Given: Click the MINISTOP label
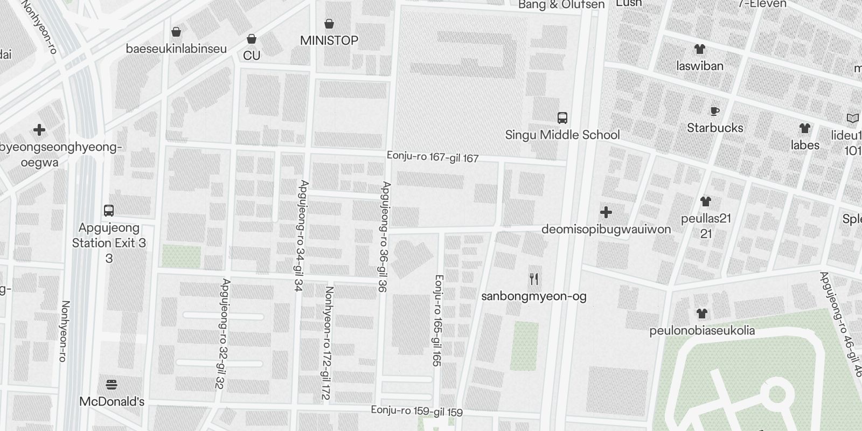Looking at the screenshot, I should [329, 40].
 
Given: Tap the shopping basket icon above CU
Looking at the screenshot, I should [251, 39].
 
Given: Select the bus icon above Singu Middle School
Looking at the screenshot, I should [562, 117].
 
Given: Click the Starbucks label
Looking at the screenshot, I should [714, 128].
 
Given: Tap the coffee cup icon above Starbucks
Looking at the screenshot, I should [714, 112].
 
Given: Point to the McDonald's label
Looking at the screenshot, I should [112, 402].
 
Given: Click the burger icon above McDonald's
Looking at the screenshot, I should [112, 385].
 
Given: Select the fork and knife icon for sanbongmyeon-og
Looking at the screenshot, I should [534, 279].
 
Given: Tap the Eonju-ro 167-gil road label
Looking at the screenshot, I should [433, 157].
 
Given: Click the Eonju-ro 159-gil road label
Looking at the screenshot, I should [416, 411].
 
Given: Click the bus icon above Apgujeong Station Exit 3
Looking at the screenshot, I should [109, 210].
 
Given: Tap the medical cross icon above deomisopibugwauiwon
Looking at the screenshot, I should [606, 212].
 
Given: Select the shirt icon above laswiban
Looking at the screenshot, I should [699, 49].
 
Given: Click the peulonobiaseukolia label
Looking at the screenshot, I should [701, 331].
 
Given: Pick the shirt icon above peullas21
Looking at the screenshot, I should [706, 201].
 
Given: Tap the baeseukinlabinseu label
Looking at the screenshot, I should [176, 49].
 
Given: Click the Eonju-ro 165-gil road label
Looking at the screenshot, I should [437, 321].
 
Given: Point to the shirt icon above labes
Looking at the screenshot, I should [804, 128].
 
